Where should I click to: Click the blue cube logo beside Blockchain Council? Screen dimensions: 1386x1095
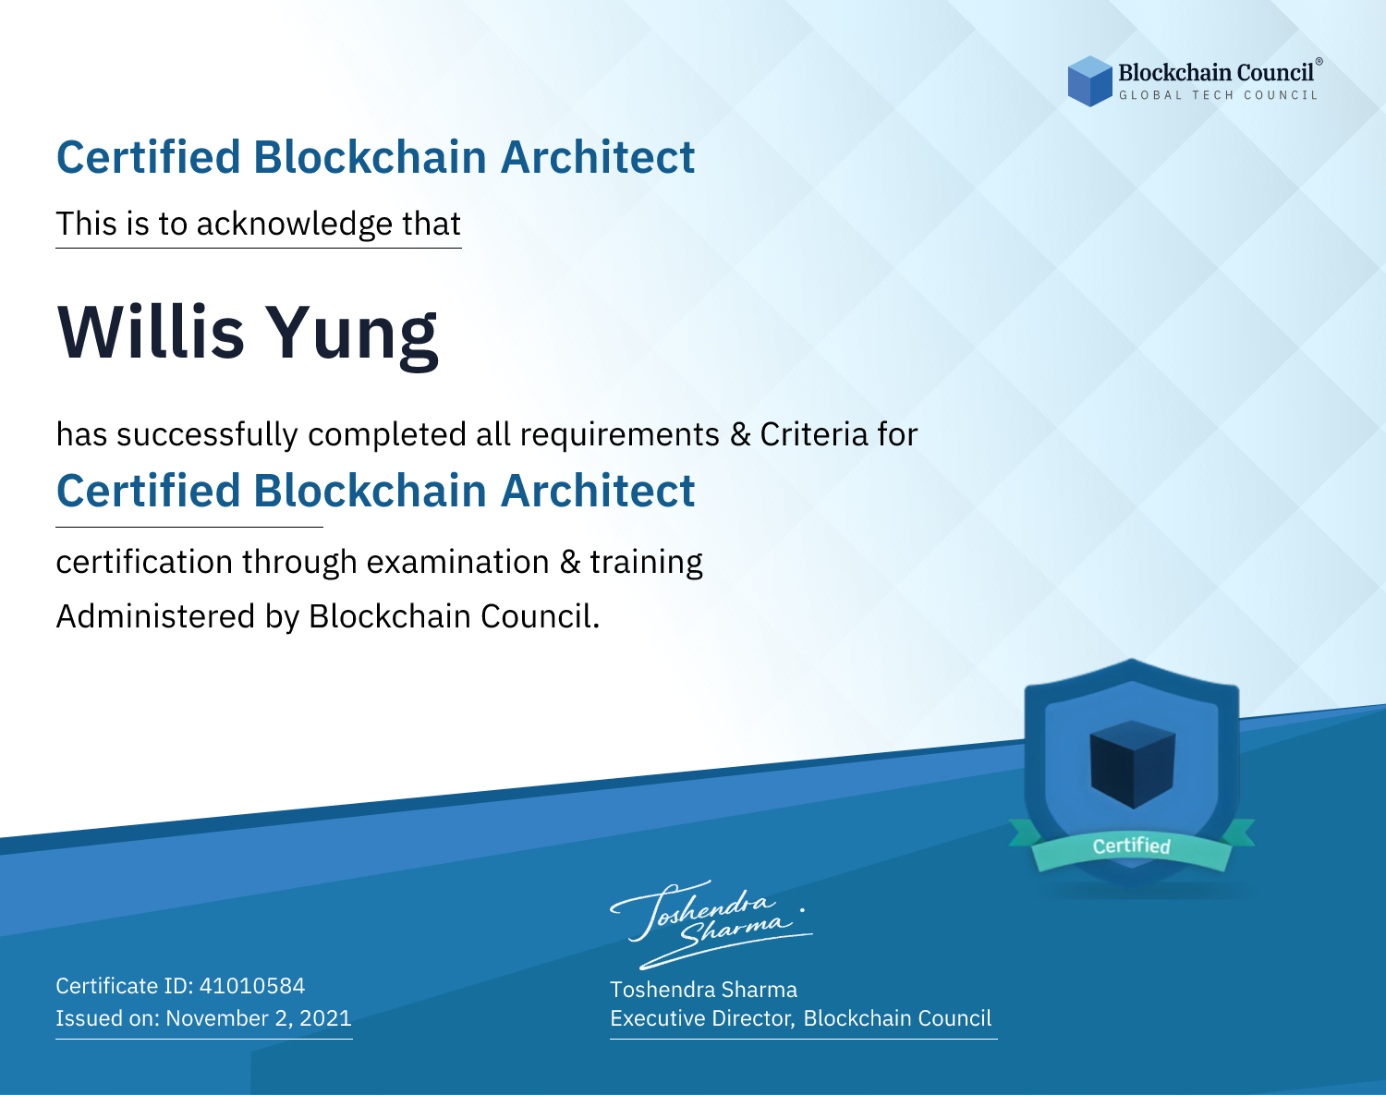(1089, 81)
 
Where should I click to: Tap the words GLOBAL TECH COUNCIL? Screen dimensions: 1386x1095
(1219, 95)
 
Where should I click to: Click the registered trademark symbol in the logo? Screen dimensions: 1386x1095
(1319, 62)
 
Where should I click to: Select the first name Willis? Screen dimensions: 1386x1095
(151, 332)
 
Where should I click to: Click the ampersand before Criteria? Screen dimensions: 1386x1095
(740, 434)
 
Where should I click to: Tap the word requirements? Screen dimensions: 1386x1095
(620, 435)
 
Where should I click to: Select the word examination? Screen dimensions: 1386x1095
(458, 562)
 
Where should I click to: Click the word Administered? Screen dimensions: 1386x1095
(156, 615)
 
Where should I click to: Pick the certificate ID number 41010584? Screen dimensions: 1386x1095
(252, 985)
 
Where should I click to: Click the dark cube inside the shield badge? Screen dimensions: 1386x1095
(1132, 764)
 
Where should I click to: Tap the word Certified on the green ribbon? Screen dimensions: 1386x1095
(1132, 846)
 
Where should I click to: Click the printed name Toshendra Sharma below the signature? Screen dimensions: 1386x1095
(703, 990)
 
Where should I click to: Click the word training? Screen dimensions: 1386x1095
(646, 563)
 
